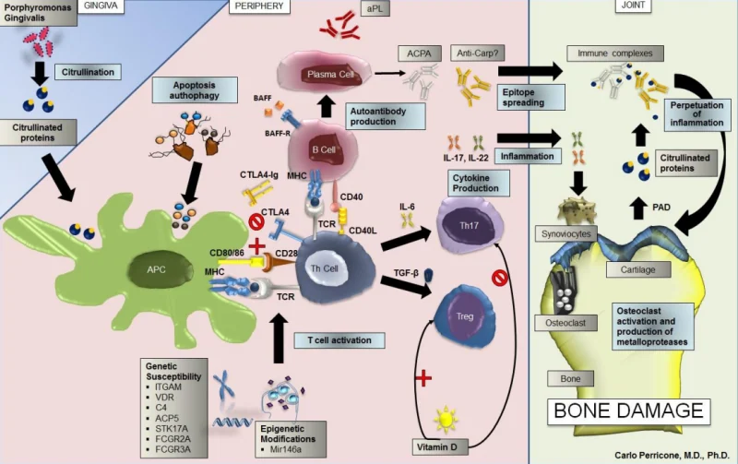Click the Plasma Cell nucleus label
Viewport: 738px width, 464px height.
coord(330,75)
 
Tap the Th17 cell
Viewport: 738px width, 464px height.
coord(469,225)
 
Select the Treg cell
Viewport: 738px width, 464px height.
coord(464,316)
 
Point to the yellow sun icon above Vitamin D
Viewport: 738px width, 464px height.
coord(446,420)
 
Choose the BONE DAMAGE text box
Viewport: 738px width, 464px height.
coord(629,410)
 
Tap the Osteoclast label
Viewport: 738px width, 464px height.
coord(565,323)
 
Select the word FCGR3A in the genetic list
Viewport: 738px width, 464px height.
coord(173,449)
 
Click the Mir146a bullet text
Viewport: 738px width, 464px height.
coord(286,449)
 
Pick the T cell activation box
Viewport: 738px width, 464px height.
coord(339,340)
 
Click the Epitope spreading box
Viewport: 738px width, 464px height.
coord(531,98)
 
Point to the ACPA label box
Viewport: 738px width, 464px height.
coord(419,54)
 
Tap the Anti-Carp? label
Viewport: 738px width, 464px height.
coord(477,54)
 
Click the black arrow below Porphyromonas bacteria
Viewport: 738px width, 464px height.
coord(40,72)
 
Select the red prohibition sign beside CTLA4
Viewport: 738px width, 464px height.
coord(256,221)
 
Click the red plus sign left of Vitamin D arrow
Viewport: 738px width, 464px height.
coord(423,377)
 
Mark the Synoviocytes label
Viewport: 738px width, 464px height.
coord(565,234)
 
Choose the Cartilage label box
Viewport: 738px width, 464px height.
coord(637,269)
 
